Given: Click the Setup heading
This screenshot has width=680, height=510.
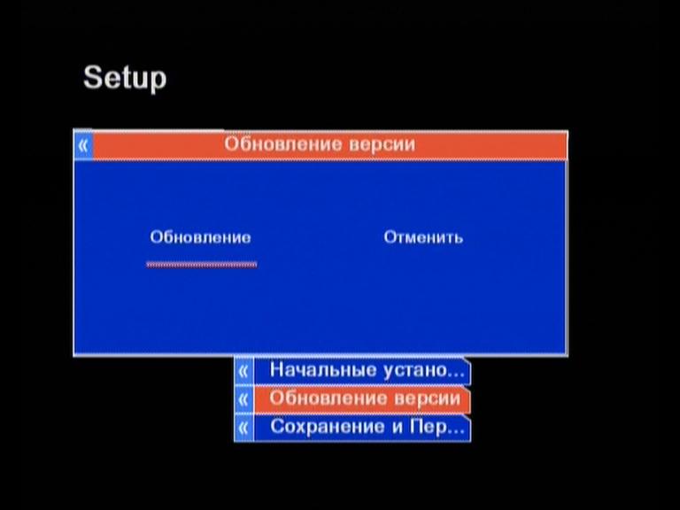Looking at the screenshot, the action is tap(125, 78).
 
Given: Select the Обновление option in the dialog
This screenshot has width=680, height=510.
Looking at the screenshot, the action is tap(200, 237).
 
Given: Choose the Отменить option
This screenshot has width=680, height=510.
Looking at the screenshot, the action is tap(423, 237).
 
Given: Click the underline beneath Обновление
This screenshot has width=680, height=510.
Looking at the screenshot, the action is tap(202, 264).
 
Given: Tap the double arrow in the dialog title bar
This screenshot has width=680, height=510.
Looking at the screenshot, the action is tap(83, 145).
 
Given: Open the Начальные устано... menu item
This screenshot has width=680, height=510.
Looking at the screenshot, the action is tap(367, 370).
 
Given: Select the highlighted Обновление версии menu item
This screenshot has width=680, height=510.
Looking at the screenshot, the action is tap(365, 398).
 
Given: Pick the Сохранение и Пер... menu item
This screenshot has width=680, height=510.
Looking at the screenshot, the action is tap(367, 427).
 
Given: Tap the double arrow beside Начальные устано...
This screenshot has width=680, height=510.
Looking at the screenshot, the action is tap(243, 371).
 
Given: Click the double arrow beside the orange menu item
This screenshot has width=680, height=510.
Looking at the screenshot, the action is tap(243, 399).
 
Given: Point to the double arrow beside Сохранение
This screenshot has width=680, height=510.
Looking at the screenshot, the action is tap(243, 428).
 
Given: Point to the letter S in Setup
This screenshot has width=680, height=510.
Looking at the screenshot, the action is tap(93, 77).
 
